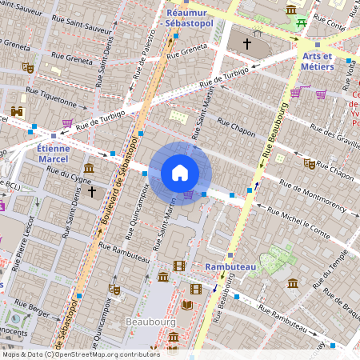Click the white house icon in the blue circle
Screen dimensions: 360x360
pos(180,173)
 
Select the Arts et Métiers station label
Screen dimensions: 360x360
pos(317,62)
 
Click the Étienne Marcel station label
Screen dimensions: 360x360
pos(54,153)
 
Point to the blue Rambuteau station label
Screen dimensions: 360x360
pos(230,266)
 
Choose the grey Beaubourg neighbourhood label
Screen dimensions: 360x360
pos(150,322)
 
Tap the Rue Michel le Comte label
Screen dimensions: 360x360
pos(298,224)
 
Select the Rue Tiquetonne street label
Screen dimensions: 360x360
pos(52,102)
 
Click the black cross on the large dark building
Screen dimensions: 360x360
pos(247,43)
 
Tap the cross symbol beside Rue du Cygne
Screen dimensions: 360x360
pos(92,192)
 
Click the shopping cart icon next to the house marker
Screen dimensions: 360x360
pos(189,194)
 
